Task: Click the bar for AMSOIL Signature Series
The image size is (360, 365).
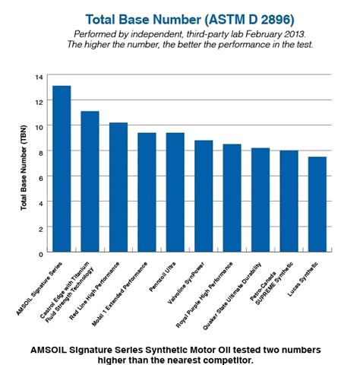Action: [x=62, y=169]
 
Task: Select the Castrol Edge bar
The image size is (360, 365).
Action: [x=90, y=181]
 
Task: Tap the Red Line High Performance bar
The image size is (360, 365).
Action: [x=118, y=187]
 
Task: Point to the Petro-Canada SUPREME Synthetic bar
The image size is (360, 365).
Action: [x=289, y=202]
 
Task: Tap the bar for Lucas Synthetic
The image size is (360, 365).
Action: [x=317, y=205]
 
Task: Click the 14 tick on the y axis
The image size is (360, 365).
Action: [x=39, y=77]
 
